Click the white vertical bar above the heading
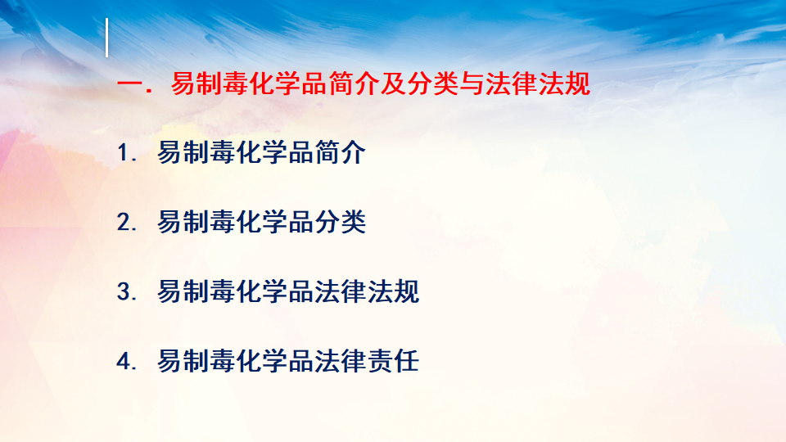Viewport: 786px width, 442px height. click(106, 38)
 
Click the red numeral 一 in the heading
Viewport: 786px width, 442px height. click(130, 83)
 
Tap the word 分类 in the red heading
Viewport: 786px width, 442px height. click(433, 83)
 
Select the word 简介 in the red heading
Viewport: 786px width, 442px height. click(354, 83)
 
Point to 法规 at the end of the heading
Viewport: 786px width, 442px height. click(564, 83)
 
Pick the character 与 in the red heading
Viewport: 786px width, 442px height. click(472, 83)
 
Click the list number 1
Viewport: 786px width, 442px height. click(124, 152)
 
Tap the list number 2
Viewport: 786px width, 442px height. click(124, 222)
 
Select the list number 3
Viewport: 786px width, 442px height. click(124, 291)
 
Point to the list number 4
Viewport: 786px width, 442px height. click(124, 361)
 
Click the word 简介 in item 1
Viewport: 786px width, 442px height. click(341, 152)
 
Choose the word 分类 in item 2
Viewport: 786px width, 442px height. click(341, 222)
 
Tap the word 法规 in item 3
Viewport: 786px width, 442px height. click(394, 291)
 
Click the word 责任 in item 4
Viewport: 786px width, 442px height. click(394, 361)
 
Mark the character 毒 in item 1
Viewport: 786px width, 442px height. click(223, 152)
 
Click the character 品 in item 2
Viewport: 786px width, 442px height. click(301, 222)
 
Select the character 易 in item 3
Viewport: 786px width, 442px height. click(170, 291)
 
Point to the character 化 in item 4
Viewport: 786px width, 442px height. click(249, 361)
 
